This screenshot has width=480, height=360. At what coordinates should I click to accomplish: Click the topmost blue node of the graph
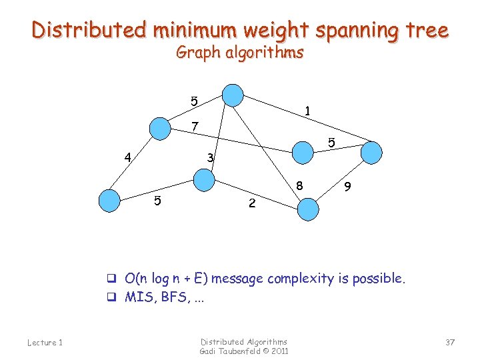233,95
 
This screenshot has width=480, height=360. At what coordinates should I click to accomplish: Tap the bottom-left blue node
109,199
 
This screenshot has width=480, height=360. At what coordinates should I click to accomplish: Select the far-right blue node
372,153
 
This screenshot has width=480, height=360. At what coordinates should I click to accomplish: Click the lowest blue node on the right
308,209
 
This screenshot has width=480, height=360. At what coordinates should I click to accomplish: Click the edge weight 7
194,126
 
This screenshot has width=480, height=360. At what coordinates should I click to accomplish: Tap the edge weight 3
210,158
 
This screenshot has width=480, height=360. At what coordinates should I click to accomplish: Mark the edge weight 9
347,189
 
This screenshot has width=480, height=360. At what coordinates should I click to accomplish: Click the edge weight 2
251,203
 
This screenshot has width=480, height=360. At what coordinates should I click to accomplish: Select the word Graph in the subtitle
198,52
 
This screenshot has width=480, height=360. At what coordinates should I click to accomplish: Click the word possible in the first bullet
378,278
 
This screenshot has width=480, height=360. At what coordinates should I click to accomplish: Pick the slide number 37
450,342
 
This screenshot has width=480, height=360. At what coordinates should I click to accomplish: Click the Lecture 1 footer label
45,343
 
